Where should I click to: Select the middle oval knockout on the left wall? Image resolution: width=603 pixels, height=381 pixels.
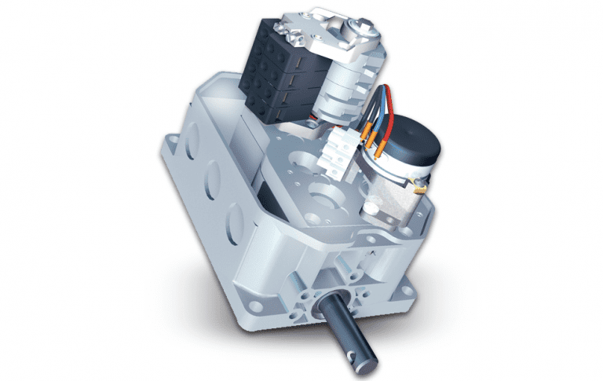[214, 189]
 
